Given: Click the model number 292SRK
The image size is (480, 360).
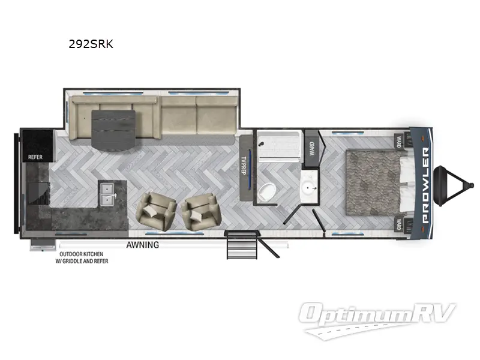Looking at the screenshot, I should click(91, 43).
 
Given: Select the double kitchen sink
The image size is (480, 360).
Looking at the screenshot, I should click(108, 191).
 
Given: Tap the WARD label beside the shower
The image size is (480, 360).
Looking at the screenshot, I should click(311, 146).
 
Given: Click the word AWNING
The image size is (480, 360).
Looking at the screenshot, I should click(142, 244).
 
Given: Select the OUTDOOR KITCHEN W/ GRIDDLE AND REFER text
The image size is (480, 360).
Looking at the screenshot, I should click(84, 257).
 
